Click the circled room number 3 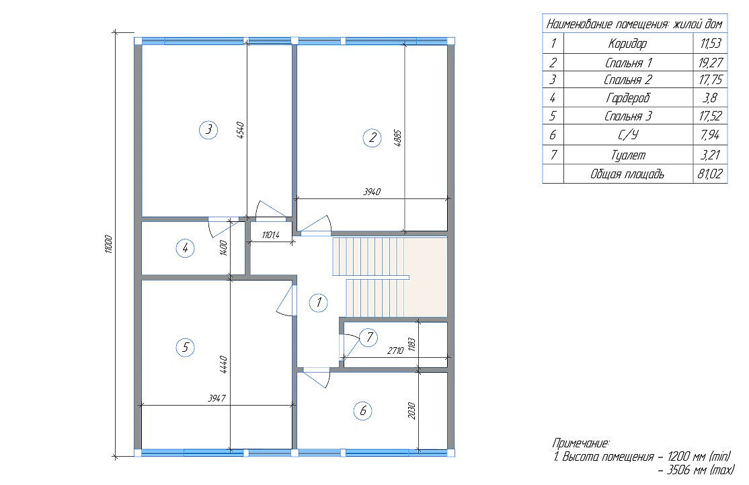point(208,130)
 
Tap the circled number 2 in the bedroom point(372,138)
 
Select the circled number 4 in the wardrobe point(186,248)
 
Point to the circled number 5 point(186,347)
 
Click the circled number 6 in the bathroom point(363,411)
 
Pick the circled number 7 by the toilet point(368,338)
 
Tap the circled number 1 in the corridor point(318,303)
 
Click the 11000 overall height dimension point(108,244)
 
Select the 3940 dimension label point(372,192)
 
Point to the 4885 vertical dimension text point(399,139)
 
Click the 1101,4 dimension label point(270,235)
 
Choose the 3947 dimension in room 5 point(217,398)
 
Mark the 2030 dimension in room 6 point(412,411)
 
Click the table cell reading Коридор point(628,44)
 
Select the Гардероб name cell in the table point(628,98)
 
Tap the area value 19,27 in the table point(710,63)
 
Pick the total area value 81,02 point(710,174)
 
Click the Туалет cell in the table point(628,155)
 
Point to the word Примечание point(581,443)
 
